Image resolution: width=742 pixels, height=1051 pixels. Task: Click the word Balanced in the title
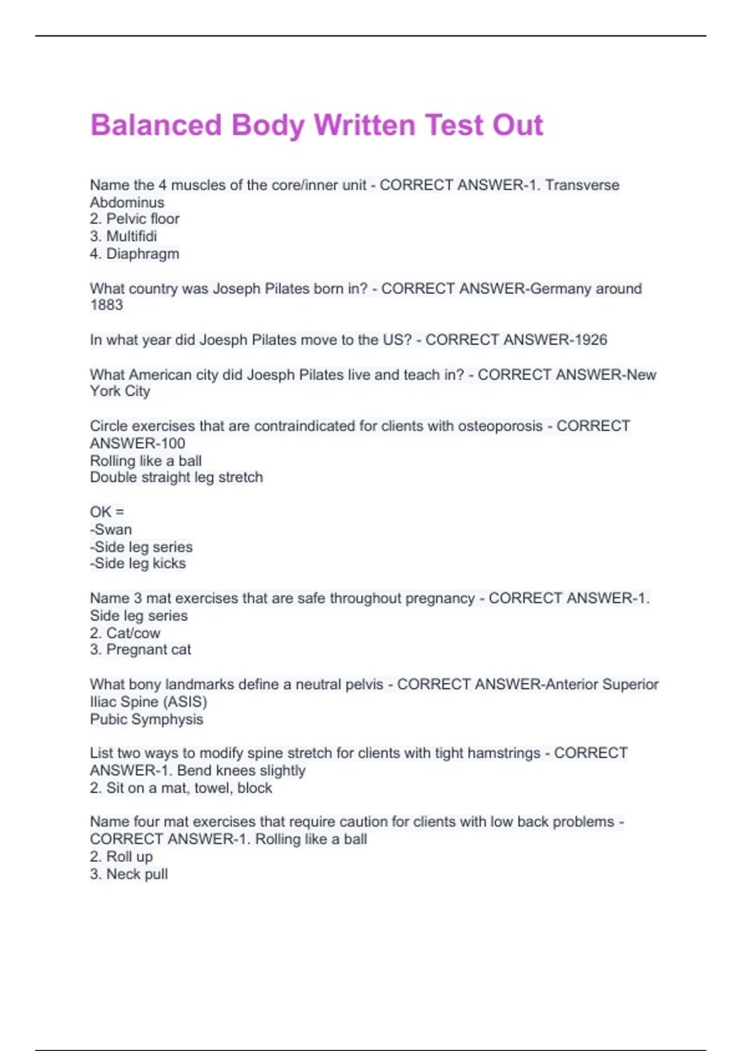click(x=156, y=125)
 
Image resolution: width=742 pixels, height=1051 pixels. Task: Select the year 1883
click(x=106, y=305)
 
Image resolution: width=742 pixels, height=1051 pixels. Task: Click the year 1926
click(x=590, y=339)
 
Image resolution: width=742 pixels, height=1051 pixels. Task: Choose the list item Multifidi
click(x=131, y=236)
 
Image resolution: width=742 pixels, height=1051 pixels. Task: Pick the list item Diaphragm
click(x=142, y=253)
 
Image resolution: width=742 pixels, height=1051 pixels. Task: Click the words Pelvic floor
click(x=142, y=219)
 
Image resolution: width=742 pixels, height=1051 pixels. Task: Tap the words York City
click(x=120, y=391)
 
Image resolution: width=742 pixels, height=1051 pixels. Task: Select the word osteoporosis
click(x=500, y=426)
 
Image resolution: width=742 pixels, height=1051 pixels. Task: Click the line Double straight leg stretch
click(x=176, y=477)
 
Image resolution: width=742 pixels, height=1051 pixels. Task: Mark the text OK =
click(x=107, y=512)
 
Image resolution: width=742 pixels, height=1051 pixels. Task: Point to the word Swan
click(x=113, y=529)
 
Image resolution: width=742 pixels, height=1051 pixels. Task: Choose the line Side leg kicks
click(x=139, y=563)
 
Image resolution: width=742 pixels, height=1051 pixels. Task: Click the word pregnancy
click(x=439, y=598)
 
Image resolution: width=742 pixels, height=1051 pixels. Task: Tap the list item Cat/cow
click(x=133, y=633)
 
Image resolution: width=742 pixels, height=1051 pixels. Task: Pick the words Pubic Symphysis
click(x=147, y=719)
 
